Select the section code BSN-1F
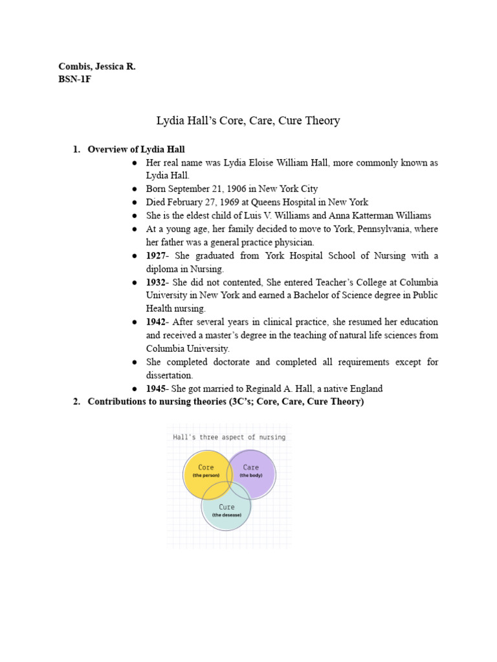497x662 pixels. pos(74,80)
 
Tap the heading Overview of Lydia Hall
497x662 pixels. pos(137,149)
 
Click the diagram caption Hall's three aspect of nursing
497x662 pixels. pos(229,437)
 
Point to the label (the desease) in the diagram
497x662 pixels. pos(226,515)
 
